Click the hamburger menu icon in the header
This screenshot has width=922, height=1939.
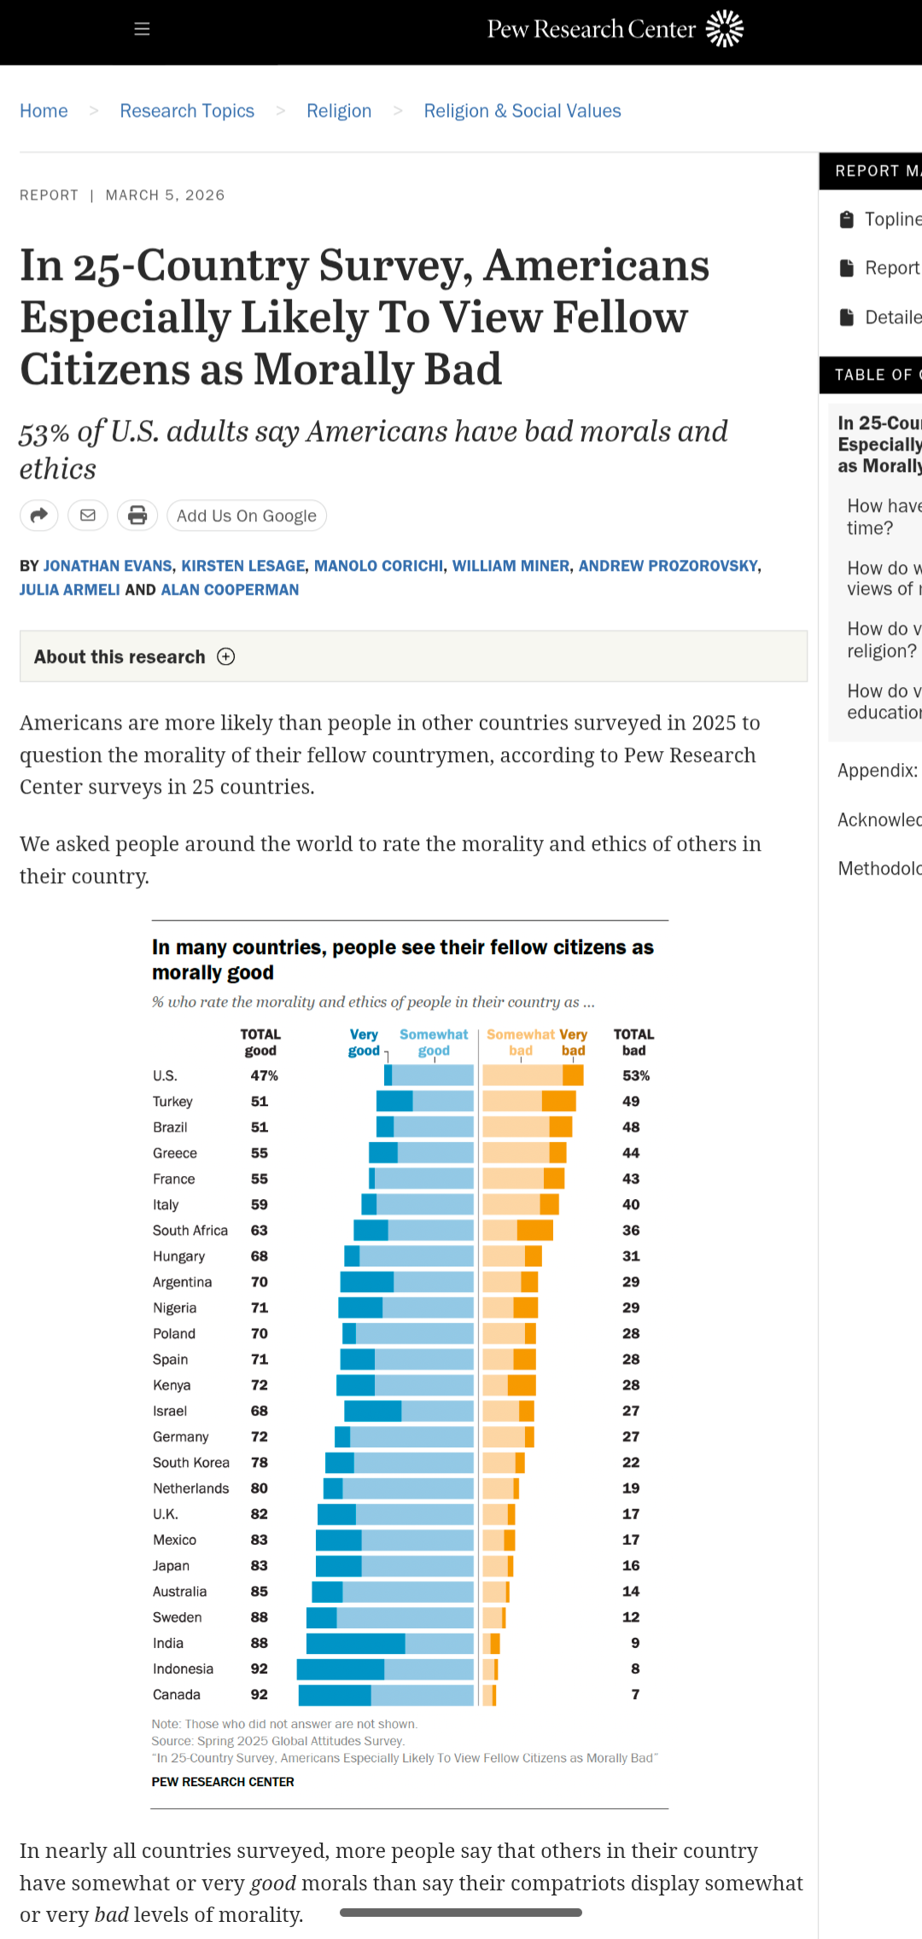coord(142,29)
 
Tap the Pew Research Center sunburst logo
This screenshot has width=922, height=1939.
coord(725,29)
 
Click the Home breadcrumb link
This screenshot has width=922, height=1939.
coord(44,111)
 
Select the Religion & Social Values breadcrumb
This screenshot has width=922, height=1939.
coord(522,111)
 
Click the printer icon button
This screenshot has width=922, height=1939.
coord(137,515)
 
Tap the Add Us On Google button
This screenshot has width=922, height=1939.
coord(246,515)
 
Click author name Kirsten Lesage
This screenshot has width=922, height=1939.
coord(242,566)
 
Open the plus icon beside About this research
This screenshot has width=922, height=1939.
coord(226,656)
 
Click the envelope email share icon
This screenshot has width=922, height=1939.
coord(88,515)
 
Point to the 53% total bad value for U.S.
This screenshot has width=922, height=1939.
coord(635,1075)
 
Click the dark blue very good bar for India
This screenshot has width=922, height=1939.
coord(355,1643)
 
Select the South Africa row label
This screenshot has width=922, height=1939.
coord(190,1231)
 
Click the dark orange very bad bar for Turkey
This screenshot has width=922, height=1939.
coord(559,1101)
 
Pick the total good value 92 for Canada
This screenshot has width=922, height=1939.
coord(259,1694)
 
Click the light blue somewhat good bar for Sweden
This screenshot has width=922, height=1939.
coord(405,1617)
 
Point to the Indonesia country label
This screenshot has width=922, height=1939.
coord(183,1668)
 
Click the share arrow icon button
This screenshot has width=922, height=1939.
coord(39,515)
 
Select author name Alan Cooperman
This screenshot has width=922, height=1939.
coord(230,590)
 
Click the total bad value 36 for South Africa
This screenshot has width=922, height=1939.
coord(631,1231)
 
